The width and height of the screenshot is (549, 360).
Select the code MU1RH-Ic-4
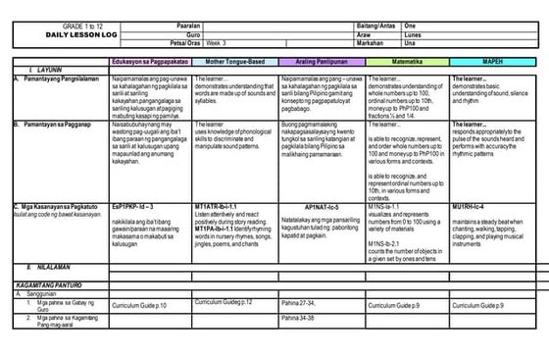474,208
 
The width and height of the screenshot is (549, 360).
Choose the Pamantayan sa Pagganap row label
59,125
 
